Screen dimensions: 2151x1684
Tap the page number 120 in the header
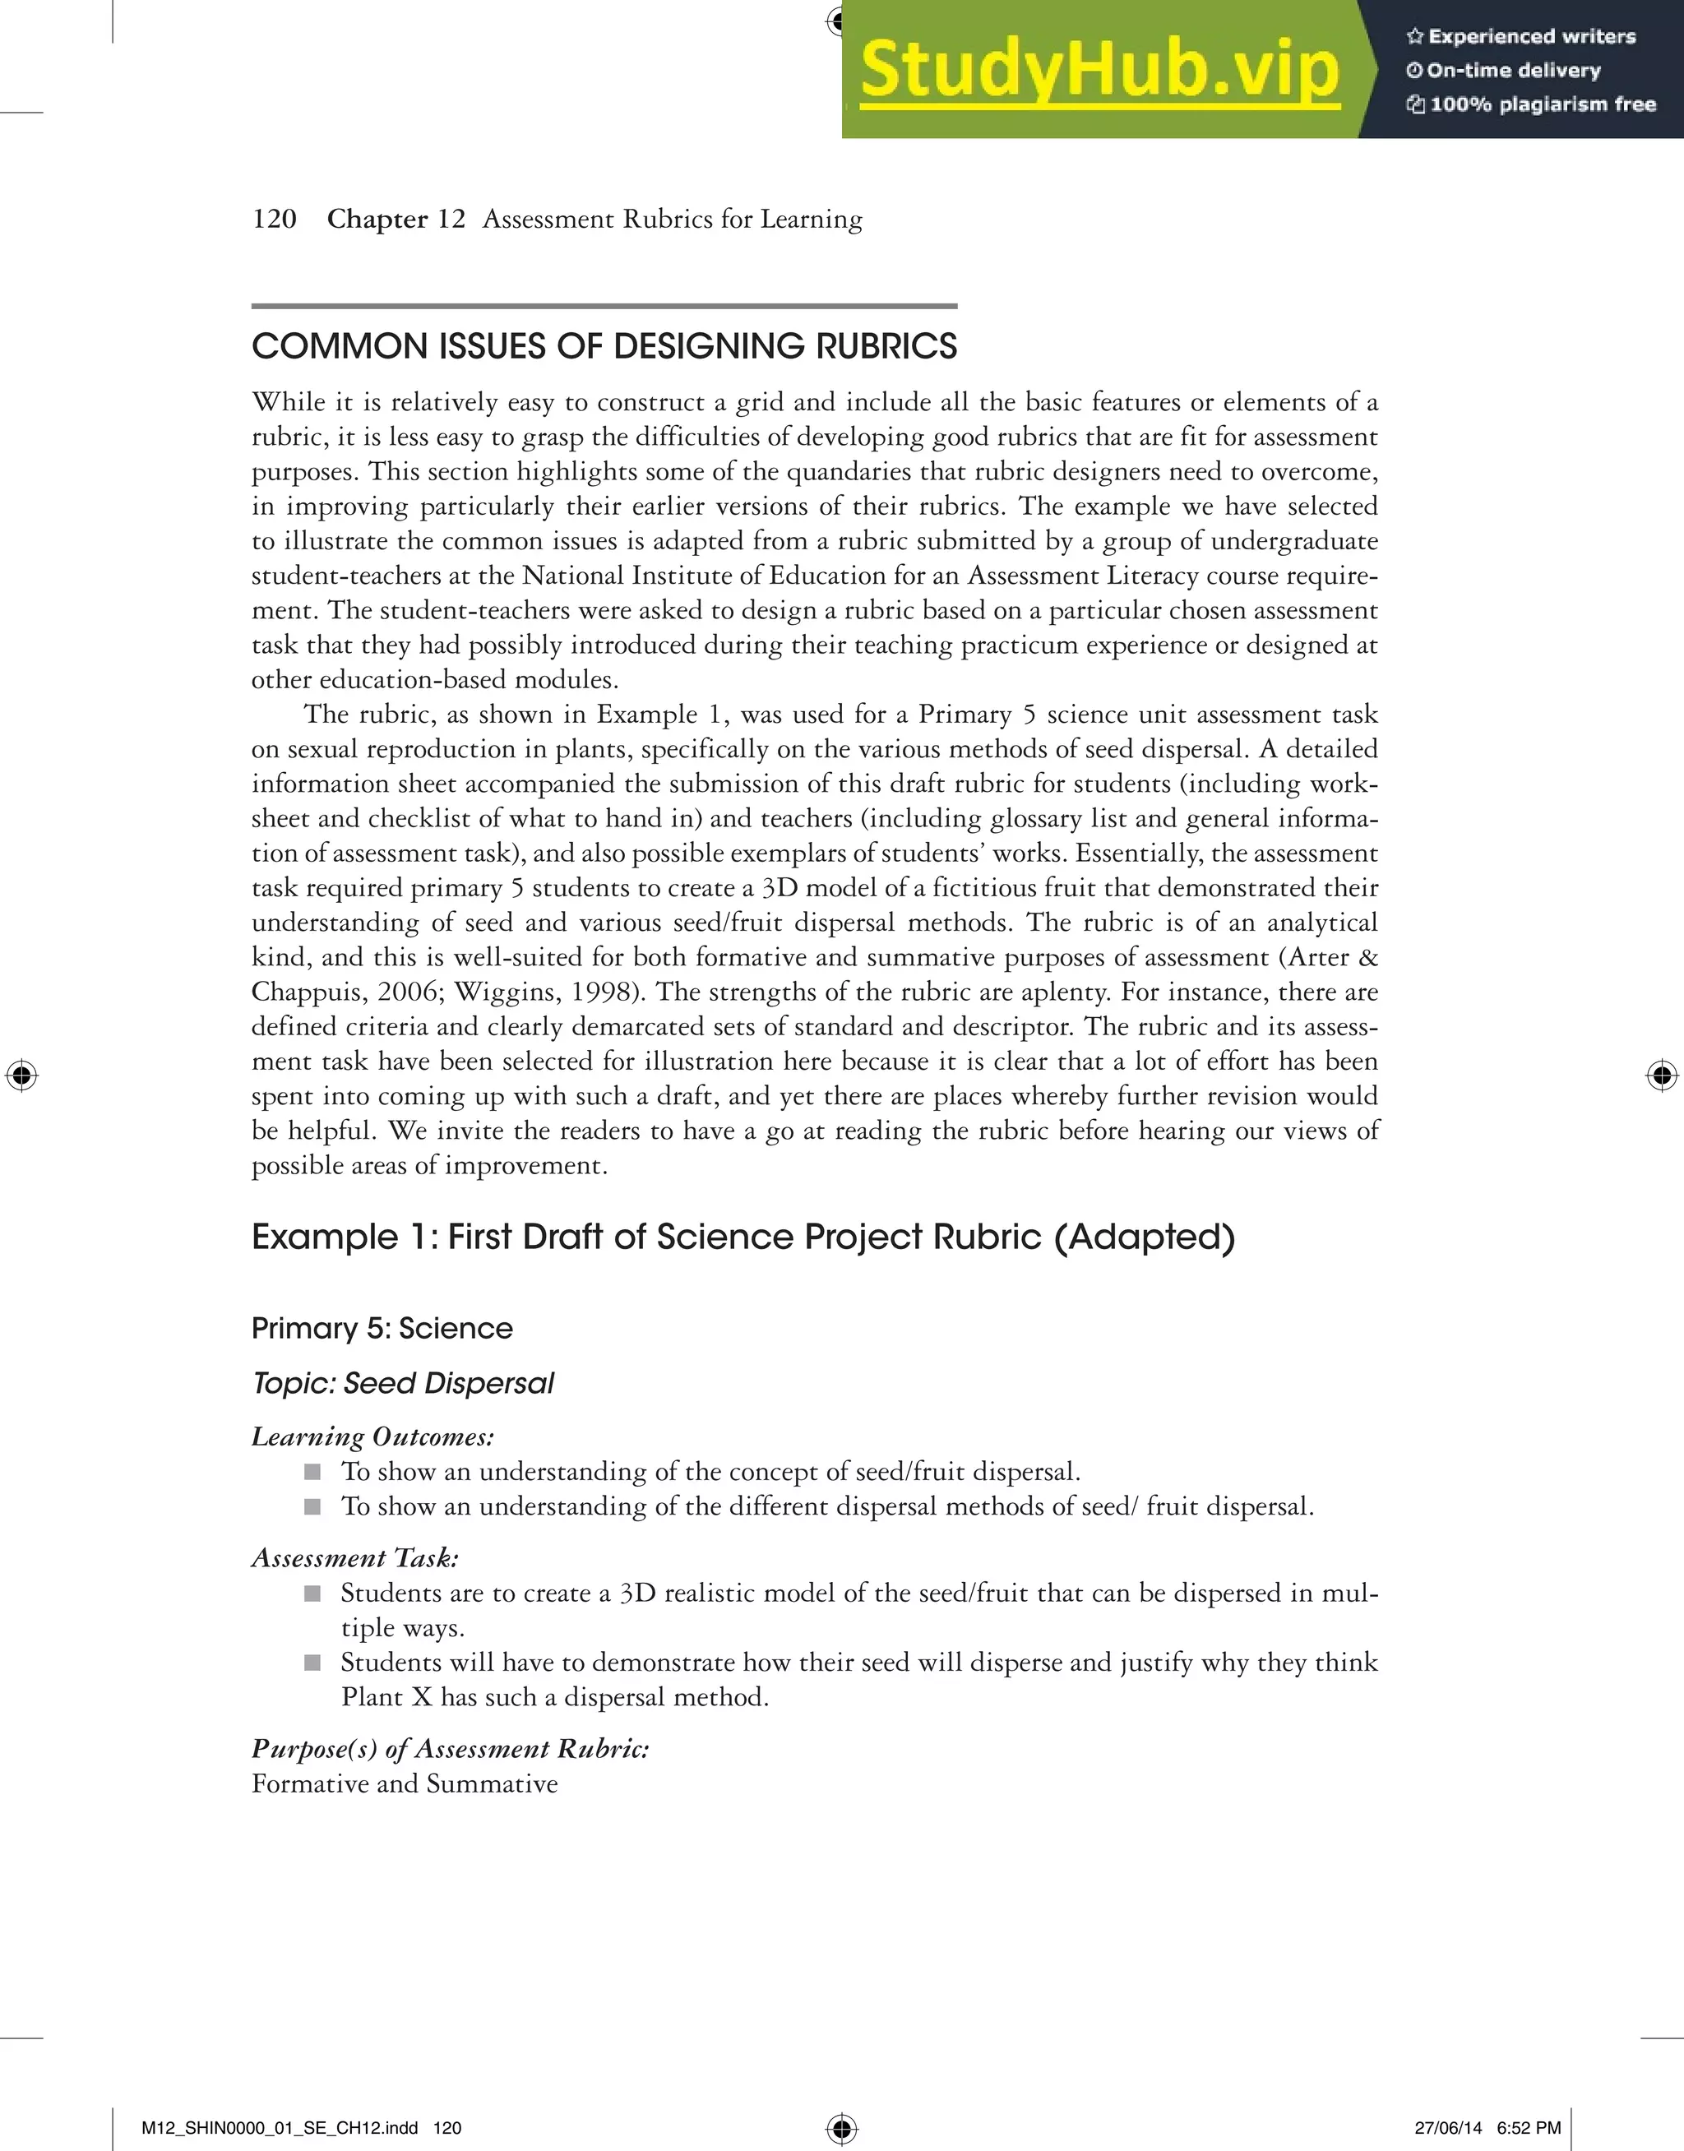coord(274,219)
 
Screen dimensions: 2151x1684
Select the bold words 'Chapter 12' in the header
coord(396,219)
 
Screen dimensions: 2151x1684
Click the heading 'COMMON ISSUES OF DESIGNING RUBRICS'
coord(604,347)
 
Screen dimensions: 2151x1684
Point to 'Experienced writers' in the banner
coord(1531,36)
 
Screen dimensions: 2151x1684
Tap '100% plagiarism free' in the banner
coord(1542,104)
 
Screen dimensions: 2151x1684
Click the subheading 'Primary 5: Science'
coord(382,1328)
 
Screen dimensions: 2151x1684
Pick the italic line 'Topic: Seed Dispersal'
coord(402,1383)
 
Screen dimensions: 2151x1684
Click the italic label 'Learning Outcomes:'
coord(372,1436)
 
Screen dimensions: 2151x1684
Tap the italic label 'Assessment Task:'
coord(355,1557)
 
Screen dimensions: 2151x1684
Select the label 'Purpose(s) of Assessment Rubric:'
coord(450,1748)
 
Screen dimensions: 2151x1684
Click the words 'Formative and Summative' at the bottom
coord(405,1783)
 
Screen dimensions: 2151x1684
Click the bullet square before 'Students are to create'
coord(312,1593)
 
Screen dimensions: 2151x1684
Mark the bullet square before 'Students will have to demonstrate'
coord(312,1662)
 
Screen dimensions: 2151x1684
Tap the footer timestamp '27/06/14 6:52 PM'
coord(1487,2127)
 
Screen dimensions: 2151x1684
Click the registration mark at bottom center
coord(841,2126)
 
